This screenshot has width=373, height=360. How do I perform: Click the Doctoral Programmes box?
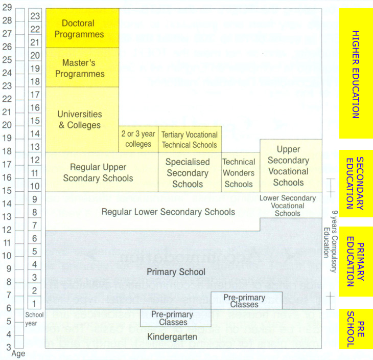point(82,29)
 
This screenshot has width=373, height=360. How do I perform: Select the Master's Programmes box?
point(83,68)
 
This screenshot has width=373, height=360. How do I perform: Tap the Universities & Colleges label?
point(79,120)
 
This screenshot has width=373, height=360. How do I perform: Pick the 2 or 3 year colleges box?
point(138,139)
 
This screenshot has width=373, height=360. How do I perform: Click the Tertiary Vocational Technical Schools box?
point(190,139)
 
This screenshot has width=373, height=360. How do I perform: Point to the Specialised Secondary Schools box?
point(188,173)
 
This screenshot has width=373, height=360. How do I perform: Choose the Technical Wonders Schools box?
point(239,173)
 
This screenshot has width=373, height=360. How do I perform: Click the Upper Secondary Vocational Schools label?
point(289,166)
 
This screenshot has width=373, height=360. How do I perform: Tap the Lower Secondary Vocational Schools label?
point(288,206)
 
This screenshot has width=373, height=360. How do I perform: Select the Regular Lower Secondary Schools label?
point(168,212)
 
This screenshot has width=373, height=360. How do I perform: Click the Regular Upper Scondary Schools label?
point(98,173)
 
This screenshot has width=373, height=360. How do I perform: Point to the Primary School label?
point(176,272)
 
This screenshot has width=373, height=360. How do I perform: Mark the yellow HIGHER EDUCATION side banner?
point(356,74)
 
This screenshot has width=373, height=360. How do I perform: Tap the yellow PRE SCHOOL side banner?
point(356,329)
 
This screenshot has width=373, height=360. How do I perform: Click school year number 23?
point(35,16)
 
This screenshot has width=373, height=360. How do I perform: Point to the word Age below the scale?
point(18,354)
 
